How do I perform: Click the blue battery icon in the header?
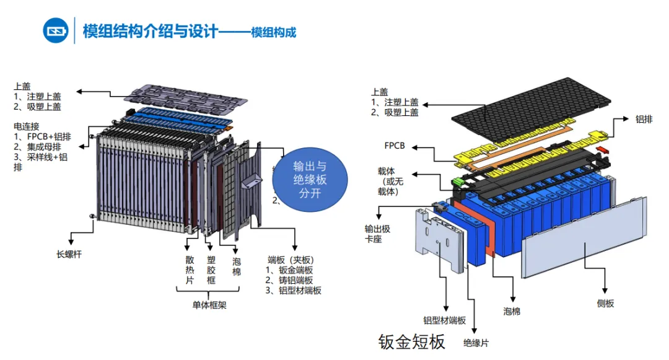56,30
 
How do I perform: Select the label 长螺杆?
69,254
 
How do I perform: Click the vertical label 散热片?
190,271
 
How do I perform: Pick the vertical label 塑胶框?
212,271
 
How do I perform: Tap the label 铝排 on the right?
644,118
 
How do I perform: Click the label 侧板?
605,303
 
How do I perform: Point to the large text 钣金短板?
411,341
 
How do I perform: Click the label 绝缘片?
475,343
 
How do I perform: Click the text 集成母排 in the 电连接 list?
43,146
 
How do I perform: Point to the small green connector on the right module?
458,182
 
